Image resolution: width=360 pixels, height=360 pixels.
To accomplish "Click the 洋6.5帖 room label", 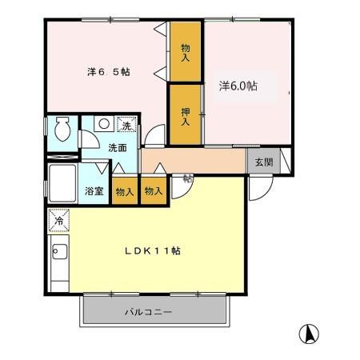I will pyautogui.click(x=109, y=71).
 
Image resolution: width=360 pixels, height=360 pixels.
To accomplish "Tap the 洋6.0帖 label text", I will pyautogui.click(x=238, y=85).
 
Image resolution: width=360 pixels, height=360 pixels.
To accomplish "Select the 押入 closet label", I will pyautogui.click(x=184, y=116).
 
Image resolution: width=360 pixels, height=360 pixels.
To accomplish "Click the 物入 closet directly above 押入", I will pyautogui.click(x=186, y=53).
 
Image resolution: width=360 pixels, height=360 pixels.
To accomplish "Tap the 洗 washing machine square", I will pyautogui.click(x=126, y=125).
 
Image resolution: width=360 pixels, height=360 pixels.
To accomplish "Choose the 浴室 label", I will pyautogui.click(x=94, y=190).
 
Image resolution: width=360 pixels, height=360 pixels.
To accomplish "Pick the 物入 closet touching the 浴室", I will pyautogui.click(x=123, y=191).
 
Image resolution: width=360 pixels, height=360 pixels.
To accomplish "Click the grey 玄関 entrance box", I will pyautogui.click(x=263, y=161).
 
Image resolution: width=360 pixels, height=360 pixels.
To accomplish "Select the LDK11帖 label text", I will pyautogui.click(x=153, y=250).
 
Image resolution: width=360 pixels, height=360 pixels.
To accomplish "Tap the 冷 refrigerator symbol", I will pyautogui.click(x=58, y=218).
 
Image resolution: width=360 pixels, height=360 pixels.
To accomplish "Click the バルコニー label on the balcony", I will pyautogui.click(x=149, y=312).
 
